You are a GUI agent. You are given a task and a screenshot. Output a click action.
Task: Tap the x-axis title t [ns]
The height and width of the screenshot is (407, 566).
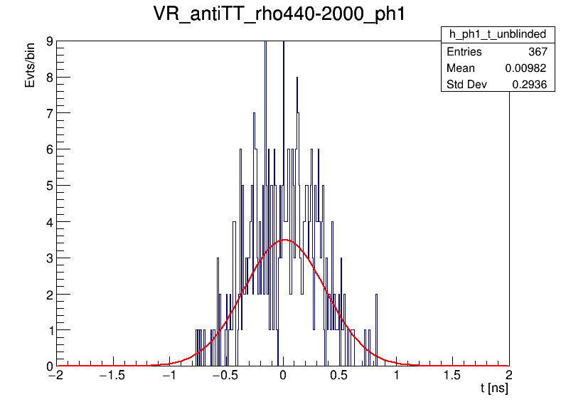[494, 389]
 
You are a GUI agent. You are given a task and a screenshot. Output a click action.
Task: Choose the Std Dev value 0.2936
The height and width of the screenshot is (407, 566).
[529, 85]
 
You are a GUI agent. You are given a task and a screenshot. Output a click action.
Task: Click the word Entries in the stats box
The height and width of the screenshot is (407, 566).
[464, 52]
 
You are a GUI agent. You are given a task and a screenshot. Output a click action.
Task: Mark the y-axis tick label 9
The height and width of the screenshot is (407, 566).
[49, 41]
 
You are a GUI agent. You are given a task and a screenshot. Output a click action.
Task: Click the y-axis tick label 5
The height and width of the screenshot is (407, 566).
[49, 186]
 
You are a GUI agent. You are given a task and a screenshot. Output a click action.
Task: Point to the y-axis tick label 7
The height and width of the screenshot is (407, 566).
[49, 113]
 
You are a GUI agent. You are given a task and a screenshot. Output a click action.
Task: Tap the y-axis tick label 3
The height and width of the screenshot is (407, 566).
[49, 258]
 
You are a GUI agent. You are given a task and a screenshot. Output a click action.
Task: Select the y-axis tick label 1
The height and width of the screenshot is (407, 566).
[49, 330]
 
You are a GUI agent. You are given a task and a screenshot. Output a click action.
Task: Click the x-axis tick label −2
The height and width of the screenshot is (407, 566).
[57, 375]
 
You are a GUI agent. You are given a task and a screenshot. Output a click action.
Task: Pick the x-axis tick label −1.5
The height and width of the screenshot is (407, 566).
[113, 375]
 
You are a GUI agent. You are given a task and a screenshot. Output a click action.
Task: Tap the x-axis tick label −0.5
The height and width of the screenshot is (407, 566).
[226, 375]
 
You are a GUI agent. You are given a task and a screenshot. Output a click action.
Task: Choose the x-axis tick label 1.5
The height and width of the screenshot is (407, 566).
[452, 375]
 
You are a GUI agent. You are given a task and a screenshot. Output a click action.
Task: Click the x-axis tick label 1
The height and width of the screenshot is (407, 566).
[396, 375]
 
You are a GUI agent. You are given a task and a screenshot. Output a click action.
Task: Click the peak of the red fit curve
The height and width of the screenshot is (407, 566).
[284, 240]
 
